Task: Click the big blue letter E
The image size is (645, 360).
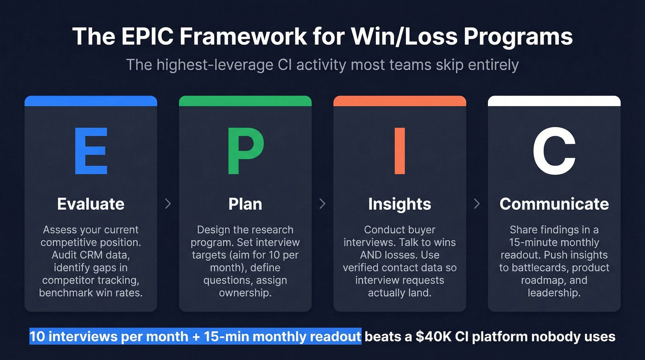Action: (x=91, y=151)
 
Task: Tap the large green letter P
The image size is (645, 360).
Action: (x=245, y=151)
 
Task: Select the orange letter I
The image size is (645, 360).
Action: (x=399, y=151)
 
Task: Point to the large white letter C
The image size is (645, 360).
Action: (x=554, y=151)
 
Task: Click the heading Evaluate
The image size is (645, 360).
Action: (x=91, y=204)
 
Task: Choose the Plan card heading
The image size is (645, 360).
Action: (x=245, y=204)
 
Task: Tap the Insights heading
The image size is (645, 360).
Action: (x=399, y=204)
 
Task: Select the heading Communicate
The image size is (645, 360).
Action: (x=554, y=204)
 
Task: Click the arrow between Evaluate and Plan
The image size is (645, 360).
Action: (x=168, y=204)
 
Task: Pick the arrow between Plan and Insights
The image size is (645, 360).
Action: (x=322, y=204)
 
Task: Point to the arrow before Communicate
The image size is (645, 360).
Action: (x=477, y=204)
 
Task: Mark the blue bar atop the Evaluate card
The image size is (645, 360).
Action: (x=91, y=100)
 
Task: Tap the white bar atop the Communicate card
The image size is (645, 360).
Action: (x=554, y=100)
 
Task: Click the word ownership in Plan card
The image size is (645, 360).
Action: (x=245, y=293)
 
